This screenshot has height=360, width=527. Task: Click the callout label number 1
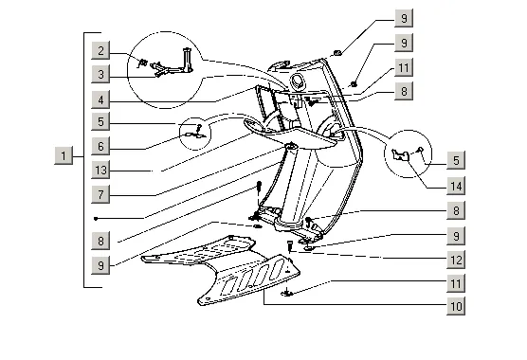64,155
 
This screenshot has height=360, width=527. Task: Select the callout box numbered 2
100,51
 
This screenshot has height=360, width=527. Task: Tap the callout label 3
100,74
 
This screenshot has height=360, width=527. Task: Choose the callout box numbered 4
100,99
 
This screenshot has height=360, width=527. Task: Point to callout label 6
100,146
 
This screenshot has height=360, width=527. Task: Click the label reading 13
100,171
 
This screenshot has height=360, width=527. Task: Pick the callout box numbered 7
100,194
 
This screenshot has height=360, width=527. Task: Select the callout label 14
456,186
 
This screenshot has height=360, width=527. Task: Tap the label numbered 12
456,260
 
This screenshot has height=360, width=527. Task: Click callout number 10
456,306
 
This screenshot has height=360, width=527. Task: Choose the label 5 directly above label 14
456,160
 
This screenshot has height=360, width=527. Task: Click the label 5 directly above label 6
100,121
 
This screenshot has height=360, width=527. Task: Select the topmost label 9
404,18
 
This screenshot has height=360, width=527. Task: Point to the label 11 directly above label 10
456,283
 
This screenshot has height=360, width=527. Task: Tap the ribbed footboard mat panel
220,269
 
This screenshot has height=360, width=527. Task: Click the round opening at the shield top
298,81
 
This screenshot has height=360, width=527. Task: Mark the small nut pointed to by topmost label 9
337,53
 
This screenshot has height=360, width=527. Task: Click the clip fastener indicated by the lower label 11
286,293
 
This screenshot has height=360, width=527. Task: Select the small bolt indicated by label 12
289,245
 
